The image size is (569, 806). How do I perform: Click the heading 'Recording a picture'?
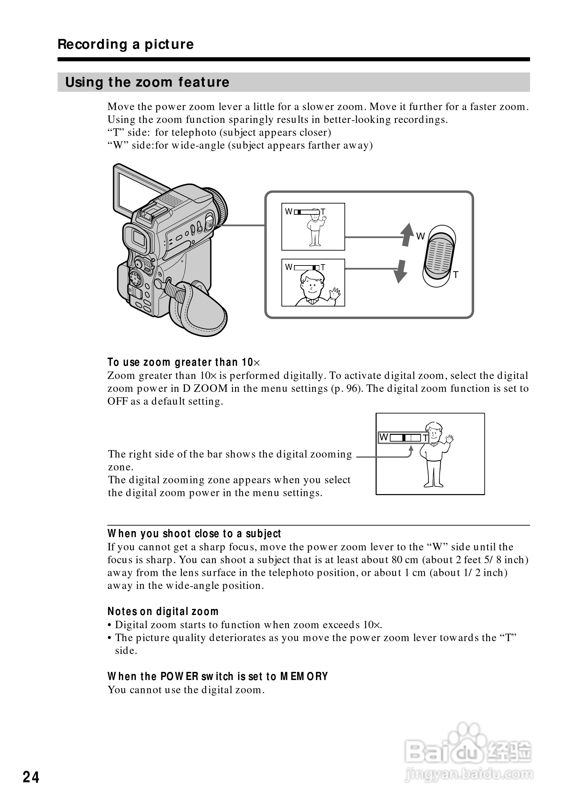pyautogui.click(x=126, y=44)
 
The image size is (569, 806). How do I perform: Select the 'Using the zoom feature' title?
pyautogui.click(x=147, y=82)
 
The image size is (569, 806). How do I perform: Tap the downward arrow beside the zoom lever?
pyautogui.click(x=400, y=271)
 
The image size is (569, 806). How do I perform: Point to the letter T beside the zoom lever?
pyautogui.click(x=456, y=275)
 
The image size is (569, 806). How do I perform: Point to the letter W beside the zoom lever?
pyautogui.click(x=420, y=236)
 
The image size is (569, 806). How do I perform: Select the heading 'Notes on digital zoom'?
pyautogui.click(x=163, y=612)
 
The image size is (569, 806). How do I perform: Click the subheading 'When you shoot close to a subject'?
pyautogui.click(x=194, y=534)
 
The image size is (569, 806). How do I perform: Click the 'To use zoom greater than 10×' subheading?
pyautogui.click(x=184, y=362)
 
